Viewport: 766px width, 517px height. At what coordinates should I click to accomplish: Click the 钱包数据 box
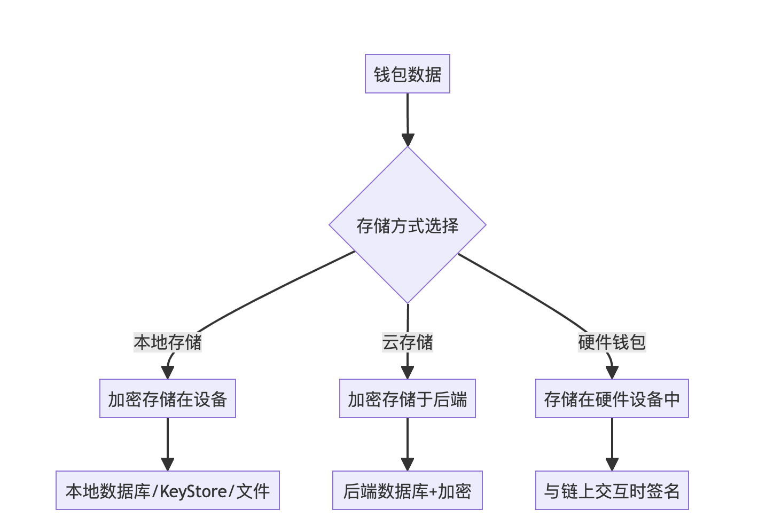click(407, 74)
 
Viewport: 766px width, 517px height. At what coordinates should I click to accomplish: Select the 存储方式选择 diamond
click(407, 225)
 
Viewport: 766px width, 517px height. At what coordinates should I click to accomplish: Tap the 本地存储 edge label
click(168, 342)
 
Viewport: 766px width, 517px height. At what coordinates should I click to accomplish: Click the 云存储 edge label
click(407, 342)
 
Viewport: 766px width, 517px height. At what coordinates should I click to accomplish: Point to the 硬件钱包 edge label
click(612, 342)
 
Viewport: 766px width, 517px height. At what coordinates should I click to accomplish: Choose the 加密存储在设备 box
click(168, 398)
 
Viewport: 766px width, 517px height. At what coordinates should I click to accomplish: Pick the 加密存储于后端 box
click(407, 398)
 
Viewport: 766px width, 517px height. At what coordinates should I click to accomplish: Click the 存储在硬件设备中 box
click(612, 398)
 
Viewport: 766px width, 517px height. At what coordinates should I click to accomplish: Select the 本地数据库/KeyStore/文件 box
click(168, 490)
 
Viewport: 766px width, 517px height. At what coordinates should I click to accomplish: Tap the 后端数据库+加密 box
click(407, 490)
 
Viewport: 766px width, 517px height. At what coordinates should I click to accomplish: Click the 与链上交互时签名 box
click(612, 490)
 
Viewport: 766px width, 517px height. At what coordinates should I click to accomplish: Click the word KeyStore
click(193, 491)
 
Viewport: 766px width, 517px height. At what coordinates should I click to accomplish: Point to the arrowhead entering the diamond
click(408, 140)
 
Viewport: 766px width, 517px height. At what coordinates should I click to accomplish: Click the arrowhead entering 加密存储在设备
click(168, 373)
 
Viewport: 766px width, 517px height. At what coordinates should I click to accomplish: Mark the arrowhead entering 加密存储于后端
click(407, 373)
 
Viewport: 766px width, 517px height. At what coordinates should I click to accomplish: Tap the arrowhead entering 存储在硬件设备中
click(612, 373)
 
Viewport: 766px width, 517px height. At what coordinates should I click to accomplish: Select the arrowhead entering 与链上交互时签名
click(612, 465)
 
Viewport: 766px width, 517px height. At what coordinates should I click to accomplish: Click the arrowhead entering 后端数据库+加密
click(407, 465)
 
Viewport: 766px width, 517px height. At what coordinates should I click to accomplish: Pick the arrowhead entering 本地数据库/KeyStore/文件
click(168, 465)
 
